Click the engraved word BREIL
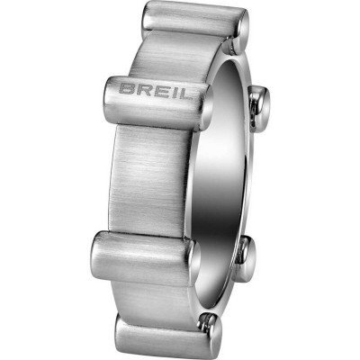pyautogui.click(x=148, y=89)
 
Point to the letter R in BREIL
pyautogui.click(x=138, y=89)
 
